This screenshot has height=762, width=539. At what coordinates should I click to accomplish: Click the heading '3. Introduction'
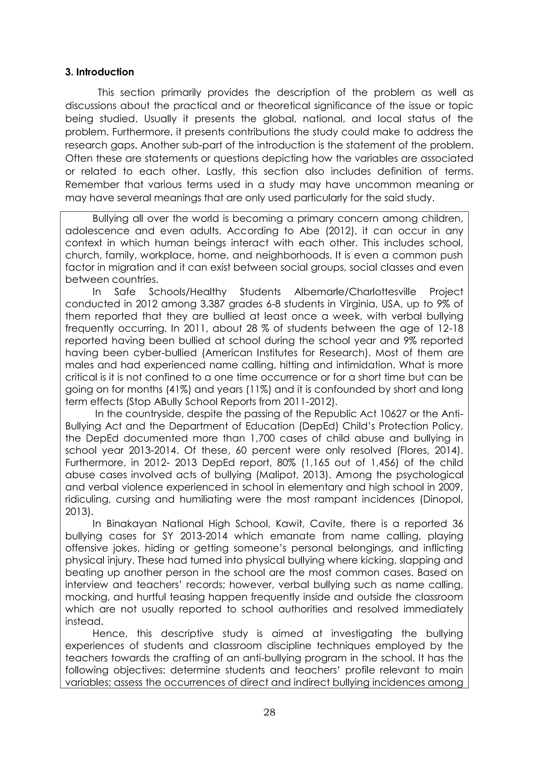click(99, 72)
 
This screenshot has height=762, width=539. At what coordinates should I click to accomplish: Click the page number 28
click(269, 712)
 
